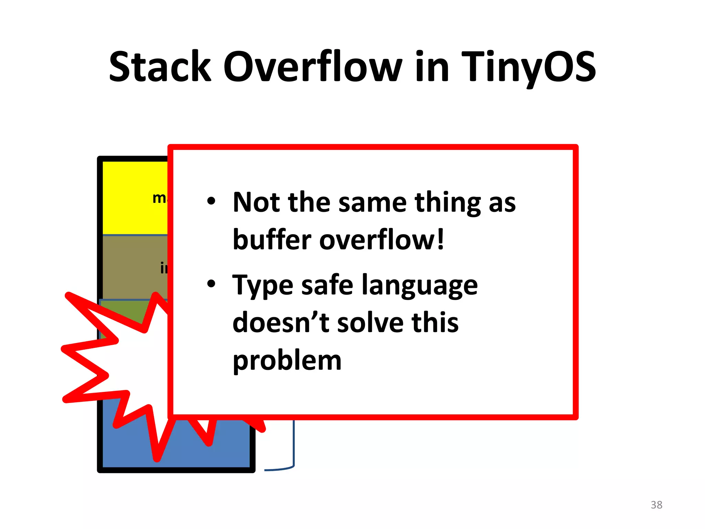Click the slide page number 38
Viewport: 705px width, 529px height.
tap(656, 505)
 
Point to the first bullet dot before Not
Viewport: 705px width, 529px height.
tap(211, 201)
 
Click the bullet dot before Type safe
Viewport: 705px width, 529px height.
tap(211, 284)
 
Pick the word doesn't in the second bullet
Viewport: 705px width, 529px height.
tap(281, 323)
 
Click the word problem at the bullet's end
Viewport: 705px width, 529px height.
tap(287, 361)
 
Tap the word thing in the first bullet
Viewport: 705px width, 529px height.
tap(447, 203)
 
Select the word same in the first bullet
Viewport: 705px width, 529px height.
tap(372, 203)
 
